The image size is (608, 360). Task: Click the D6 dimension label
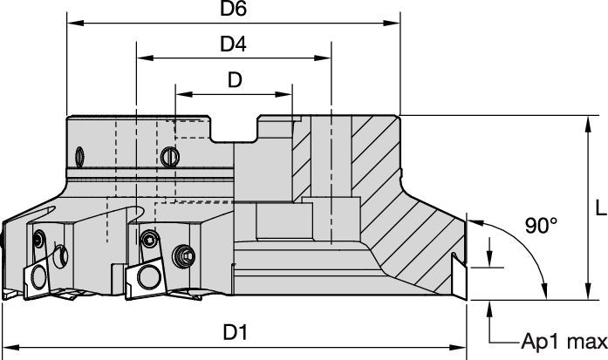[232, 10]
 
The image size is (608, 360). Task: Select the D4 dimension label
[232, 43]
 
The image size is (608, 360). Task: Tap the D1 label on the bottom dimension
[234, 333]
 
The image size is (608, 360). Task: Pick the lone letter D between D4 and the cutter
[234, 79]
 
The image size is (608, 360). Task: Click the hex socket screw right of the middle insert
[184, 255]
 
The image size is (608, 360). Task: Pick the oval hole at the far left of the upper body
[79, 156]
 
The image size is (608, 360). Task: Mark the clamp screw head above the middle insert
[150, 239]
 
